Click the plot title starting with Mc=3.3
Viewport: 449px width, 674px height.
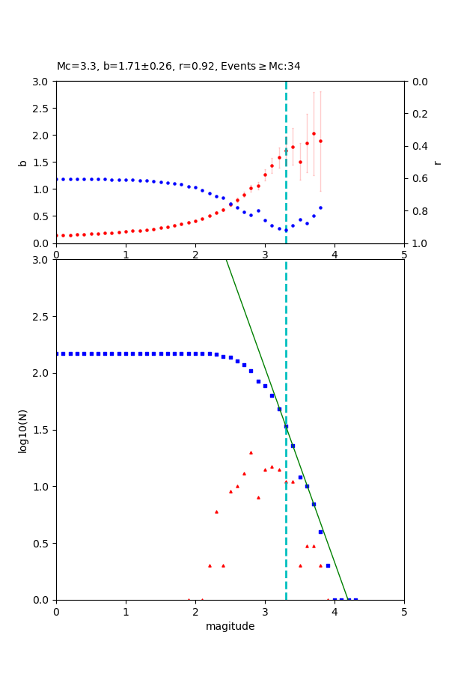pos(178,67)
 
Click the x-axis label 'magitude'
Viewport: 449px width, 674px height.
pos(230,626)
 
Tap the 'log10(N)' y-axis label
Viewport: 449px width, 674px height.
pos(22,430)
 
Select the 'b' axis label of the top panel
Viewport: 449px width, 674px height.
pos(22,163)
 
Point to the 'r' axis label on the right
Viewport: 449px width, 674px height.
pos(438,163)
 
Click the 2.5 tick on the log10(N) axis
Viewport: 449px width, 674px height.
pos(43,317)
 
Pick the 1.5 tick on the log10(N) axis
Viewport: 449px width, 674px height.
pos(43,430)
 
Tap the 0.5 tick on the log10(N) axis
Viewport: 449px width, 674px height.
pos(43,544)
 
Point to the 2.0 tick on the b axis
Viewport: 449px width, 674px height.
pos(43,136)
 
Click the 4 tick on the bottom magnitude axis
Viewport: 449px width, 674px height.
pos(335,611)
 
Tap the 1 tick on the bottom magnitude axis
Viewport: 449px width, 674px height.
pos(126,611)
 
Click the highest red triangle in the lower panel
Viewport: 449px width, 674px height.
pos(251,452)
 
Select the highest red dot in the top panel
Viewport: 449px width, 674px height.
pos(314,133)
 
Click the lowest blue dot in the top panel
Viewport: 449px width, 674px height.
pos(286,230)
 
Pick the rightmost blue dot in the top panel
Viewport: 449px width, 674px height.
pos(320,207)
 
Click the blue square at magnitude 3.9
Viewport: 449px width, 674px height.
pos(328,565)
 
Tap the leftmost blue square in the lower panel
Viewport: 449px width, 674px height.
pos(57,353)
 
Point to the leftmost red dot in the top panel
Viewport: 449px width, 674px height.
pos(57,235)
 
